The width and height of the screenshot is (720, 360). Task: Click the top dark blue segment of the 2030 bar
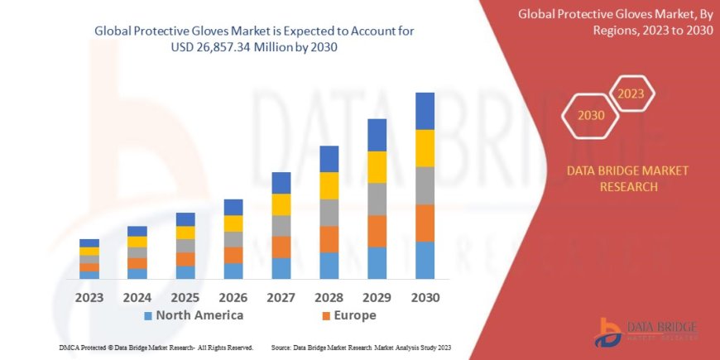point(425,111)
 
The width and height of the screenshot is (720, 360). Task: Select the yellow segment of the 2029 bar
point(377,167)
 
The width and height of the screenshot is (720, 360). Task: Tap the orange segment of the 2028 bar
point(329,239)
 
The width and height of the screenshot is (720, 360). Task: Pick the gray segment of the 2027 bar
point(281,226)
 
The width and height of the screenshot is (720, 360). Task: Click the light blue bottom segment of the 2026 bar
point(233,271)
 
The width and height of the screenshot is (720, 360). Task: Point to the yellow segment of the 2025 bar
point(185,233)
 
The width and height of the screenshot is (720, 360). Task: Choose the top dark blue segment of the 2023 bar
point(89,243)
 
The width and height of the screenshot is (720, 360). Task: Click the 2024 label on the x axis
point(137,297)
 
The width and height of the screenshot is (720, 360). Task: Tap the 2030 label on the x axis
point(425,297)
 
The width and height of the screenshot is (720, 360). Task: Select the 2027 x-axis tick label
point(281,297)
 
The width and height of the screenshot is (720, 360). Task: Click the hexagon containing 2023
point(631,94)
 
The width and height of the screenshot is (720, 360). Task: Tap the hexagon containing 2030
point(590,117)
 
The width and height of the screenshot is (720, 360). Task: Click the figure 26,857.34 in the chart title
point(219,48)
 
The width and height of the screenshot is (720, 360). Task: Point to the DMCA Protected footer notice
point(156,348)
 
